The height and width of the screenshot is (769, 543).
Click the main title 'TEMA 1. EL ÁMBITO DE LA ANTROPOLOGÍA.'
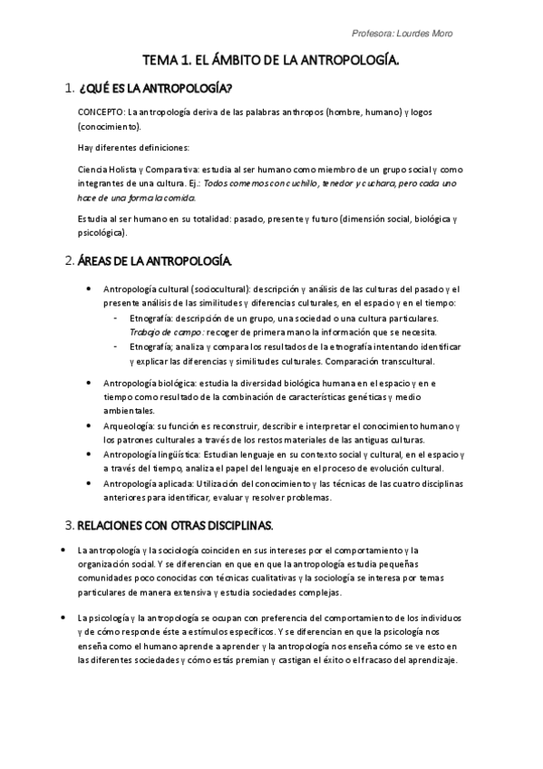pyautogui.click(x=272, y=61)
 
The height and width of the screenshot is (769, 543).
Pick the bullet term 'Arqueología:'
pyautogui.click(x=131, y=426)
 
